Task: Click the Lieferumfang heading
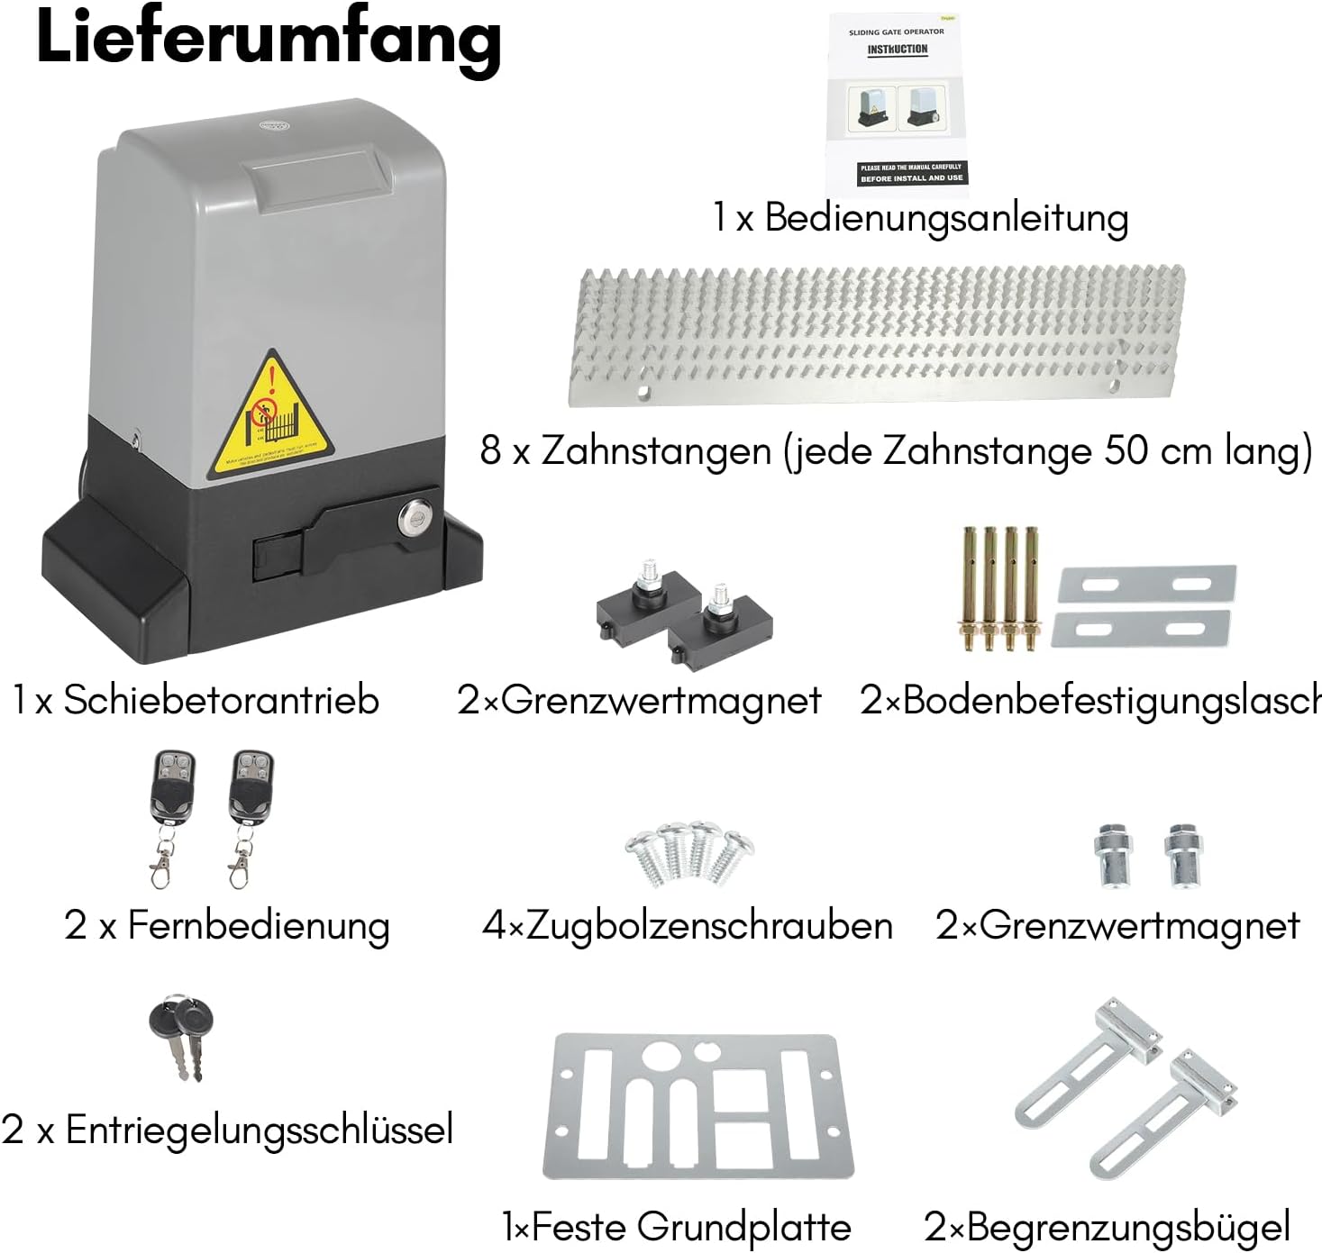268,41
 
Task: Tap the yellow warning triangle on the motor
269,418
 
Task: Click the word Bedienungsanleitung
946,218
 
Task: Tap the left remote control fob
169,789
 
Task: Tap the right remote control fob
249,789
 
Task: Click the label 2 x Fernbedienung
227,925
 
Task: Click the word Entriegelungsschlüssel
260,1130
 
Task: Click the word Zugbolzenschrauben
709,925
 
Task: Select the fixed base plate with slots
698,1108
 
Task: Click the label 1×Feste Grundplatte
677,1227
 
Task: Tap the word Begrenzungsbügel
1128,1227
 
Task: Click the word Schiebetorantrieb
221,700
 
